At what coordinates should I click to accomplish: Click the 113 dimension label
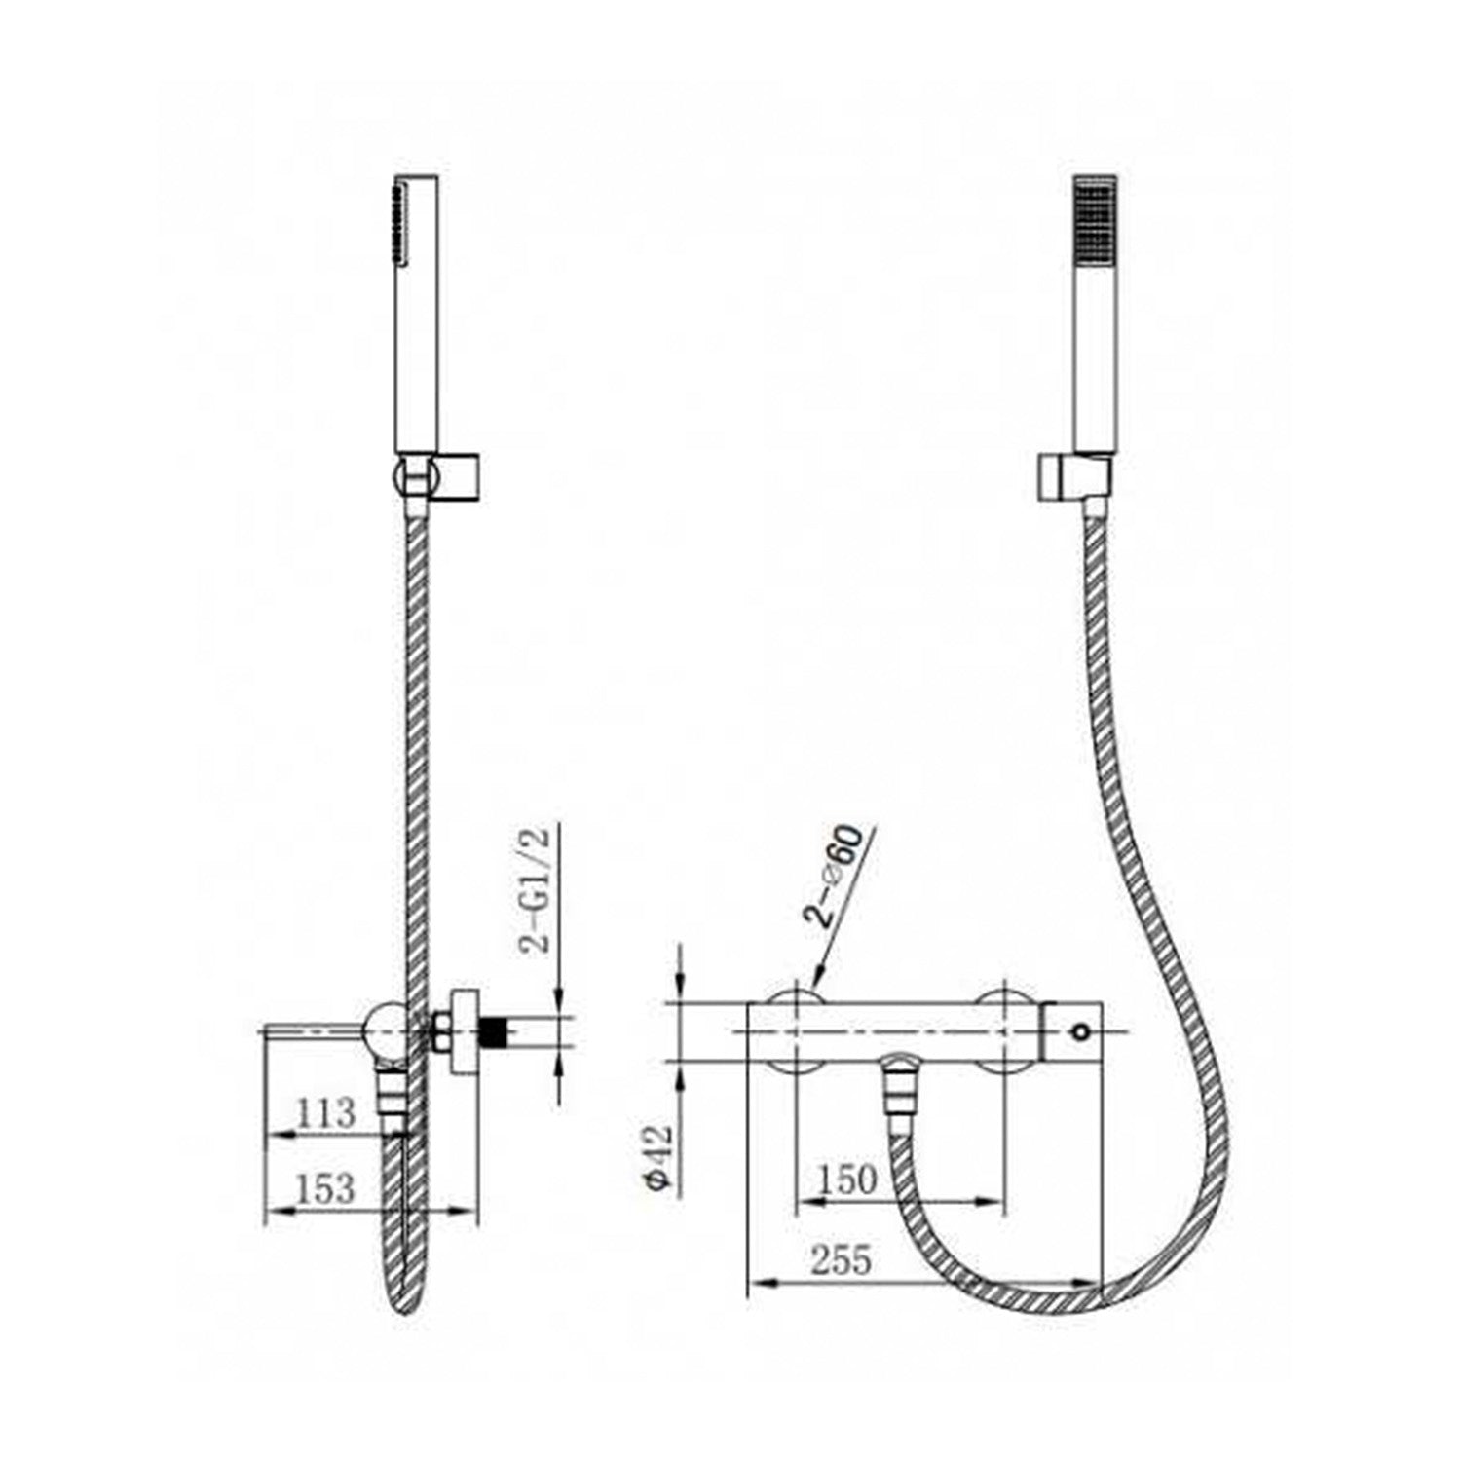(x=325, y=1112)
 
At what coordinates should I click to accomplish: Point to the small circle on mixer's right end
(x=1080, y=1031)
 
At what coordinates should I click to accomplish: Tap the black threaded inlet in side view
(x=498, y=1031)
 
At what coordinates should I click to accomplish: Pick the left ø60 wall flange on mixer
(x=796, y=1031)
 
